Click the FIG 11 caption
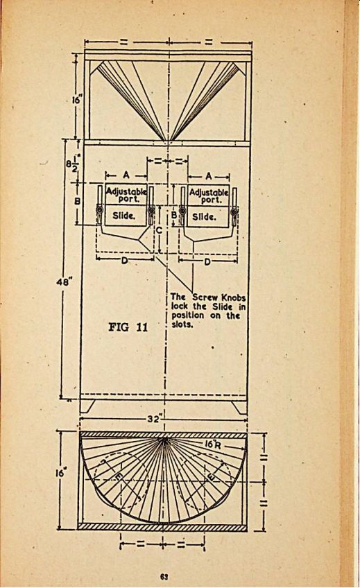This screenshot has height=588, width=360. (128, 327)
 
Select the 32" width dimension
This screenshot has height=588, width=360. (155, 419)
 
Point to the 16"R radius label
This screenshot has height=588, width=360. (214, 444)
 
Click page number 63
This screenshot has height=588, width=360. (164, 576)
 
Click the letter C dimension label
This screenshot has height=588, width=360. (159, 230)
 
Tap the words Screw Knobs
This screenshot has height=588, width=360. (219, 297)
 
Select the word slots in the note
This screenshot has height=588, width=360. (182, 325)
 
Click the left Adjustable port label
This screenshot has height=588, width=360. (126, 196)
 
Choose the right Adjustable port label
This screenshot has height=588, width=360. (209, 196)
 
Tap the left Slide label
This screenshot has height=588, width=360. (123, 216)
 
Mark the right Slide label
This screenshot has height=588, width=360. (204, 216)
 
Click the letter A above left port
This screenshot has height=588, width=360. (126, 175)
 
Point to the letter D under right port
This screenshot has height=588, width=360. (207, 261)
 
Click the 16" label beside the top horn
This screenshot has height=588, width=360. (77, 101)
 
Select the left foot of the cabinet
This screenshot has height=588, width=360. (87, 406)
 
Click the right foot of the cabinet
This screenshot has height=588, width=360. (239, 407)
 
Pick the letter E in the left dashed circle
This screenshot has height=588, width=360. (119, 476)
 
